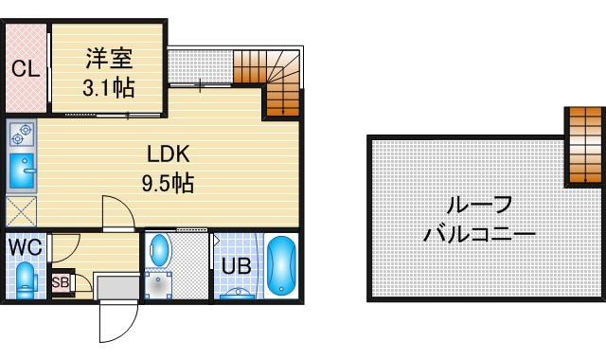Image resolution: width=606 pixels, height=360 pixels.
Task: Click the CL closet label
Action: pyautogui.click(x=26, y=69)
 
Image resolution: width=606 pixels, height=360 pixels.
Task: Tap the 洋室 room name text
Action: pyautogui.click(x=110, y=59)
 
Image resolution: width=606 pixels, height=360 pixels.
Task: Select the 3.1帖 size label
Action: pyautogui.click(x=109, y=88)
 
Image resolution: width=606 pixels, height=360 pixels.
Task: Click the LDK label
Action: pyautogui.click(x=169, y=153)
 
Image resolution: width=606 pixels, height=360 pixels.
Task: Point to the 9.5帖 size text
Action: pyautogui.click(x=168, y=183)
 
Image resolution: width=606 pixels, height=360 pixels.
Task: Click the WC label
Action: pyautogui.click(x=26, y=246)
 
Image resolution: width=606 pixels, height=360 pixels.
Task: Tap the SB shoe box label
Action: pyautogui.click(x=61, y=282)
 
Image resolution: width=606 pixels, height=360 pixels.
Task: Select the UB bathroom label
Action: pyautogui.click(x=236, y=266)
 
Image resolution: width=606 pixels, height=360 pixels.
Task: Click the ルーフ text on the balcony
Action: pyautogui.click(x=479, y=206)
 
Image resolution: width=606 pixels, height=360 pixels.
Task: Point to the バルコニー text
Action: pyautogui.click(x=479, y=234)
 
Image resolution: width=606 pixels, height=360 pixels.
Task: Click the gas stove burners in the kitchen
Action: pyautogui.click(x=21, y=135)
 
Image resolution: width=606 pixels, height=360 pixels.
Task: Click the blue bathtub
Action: pyautogui.click(x=281, y=265)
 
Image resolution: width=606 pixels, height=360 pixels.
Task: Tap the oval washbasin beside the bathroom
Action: pyautogui.click(x=159, y=250)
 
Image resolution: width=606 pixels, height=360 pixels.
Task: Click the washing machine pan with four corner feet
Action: pyautogui.click(x=158, y=285)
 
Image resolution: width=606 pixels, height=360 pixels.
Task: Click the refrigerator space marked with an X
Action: pyautogui.click(x=21, y=211)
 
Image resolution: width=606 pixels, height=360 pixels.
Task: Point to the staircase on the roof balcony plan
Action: pyautogui.click(x=585, y=145)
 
